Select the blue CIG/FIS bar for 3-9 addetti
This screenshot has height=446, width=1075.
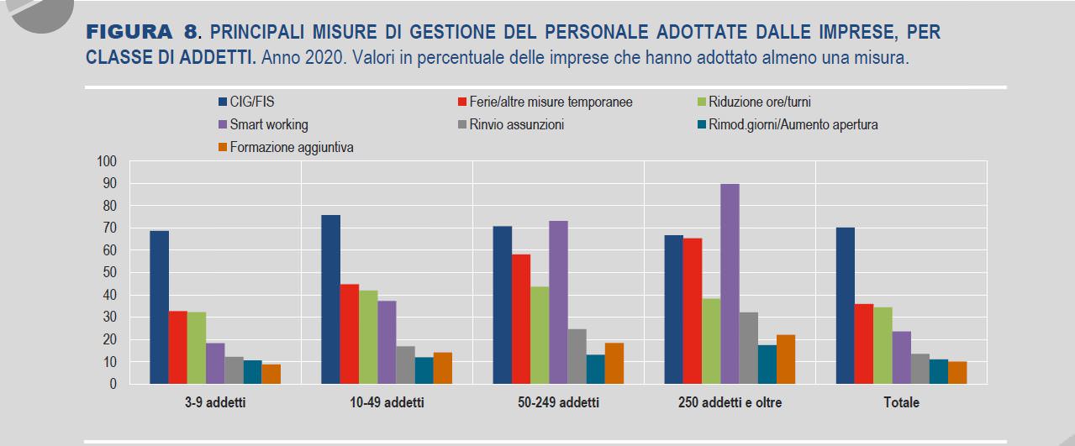[x=159, y=307]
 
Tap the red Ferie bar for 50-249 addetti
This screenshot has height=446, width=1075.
[x=521, y=319]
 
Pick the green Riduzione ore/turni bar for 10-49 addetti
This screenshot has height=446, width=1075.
[x=368, y=337]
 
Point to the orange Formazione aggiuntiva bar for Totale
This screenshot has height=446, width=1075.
[x=957, y=373]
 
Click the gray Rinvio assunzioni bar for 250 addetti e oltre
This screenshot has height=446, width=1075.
[x=748, y=349]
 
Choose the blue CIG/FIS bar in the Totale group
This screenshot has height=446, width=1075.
[x=846, y=306]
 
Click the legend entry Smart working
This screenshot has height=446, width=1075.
[x=268, y=125]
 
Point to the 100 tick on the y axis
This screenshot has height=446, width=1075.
[x=108, y=161]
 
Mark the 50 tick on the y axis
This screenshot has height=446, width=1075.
[x=111, y=273]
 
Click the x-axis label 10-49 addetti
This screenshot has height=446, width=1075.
[x=387, y=403]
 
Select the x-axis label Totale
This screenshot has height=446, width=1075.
[x=901, y=403]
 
